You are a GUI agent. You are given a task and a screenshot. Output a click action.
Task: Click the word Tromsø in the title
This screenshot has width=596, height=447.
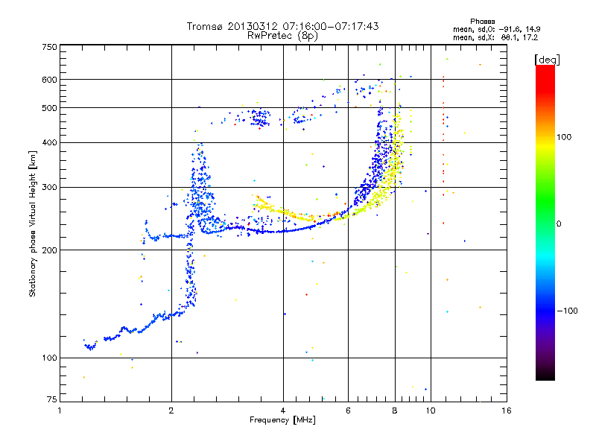[206, 26]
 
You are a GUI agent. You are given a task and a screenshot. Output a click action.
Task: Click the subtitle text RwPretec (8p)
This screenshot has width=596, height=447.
[282, 36]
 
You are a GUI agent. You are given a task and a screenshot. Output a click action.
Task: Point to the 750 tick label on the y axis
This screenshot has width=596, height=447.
[50, 47]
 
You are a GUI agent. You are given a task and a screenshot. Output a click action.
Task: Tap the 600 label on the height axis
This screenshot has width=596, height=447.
[50, 80]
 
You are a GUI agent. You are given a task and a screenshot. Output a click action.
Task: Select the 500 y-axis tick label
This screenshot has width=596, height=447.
[50, 108]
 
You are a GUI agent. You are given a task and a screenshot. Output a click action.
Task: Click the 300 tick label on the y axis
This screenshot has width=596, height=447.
[50, 187]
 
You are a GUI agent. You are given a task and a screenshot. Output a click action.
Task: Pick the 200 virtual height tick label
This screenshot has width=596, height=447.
[50, 250]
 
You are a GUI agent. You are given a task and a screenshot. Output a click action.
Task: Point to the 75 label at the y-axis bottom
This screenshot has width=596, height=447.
[52, 399]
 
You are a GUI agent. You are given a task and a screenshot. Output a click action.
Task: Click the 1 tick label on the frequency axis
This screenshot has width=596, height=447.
[60, 410]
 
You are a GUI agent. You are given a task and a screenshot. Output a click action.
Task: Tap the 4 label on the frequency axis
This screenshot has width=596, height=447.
[283, 410]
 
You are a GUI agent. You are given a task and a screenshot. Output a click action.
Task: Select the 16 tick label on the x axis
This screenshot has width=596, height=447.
[507, 410]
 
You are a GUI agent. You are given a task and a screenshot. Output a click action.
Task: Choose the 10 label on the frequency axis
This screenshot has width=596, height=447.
[431, 410]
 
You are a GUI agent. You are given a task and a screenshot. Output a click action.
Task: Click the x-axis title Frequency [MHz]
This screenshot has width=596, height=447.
[282, 420]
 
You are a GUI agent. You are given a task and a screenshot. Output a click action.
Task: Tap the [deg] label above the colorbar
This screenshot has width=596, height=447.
[547, 60]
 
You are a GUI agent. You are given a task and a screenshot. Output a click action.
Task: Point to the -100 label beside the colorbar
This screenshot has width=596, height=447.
[568, 311]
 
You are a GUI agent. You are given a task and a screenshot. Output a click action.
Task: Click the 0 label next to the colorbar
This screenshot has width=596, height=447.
[559, 224]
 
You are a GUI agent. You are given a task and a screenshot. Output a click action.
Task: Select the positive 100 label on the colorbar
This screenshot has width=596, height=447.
[564, 137]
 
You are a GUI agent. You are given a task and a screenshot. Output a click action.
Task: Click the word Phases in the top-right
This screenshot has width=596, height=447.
[483, 22]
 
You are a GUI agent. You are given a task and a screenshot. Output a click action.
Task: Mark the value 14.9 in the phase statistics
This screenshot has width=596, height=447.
[533, 29]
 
